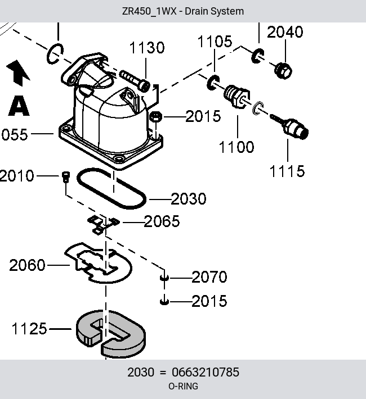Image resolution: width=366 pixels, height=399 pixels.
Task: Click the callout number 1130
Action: [147, 48]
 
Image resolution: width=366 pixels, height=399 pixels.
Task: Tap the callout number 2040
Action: [285, 32]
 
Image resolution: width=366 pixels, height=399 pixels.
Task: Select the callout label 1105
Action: [215, 41]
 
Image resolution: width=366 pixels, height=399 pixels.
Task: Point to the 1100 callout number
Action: [236, 147]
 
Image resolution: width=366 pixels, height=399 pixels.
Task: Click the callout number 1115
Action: [287, 171]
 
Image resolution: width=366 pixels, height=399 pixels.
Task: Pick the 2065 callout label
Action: [162, 221]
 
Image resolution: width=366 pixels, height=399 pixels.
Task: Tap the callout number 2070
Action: [209, 277]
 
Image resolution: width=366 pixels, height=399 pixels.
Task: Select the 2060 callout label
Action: [27, 265]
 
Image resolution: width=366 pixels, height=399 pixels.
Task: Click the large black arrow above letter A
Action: [18, 72]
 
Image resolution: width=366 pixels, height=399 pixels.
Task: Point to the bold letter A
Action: [19, 106]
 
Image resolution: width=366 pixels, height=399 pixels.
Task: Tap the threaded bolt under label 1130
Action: [135, 81]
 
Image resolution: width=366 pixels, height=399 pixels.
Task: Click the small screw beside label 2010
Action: [65, 176]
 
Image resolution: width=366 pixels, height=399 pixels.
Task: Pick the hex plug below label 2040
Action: [283, 70]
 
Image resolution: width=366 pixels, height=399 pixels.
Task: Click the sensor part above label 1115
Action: [291, 126]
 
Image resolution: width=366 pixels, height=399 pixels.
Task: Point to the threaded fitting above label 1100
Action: [236, 96]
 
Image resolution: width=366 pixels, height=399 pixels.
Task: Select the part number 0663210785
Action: [206, 372]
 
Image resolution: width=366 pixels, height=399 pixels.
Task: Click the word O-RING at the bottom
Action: [183, 386]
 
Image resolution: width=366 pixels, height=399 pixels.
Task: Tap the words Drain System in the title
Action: [214, 11]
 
